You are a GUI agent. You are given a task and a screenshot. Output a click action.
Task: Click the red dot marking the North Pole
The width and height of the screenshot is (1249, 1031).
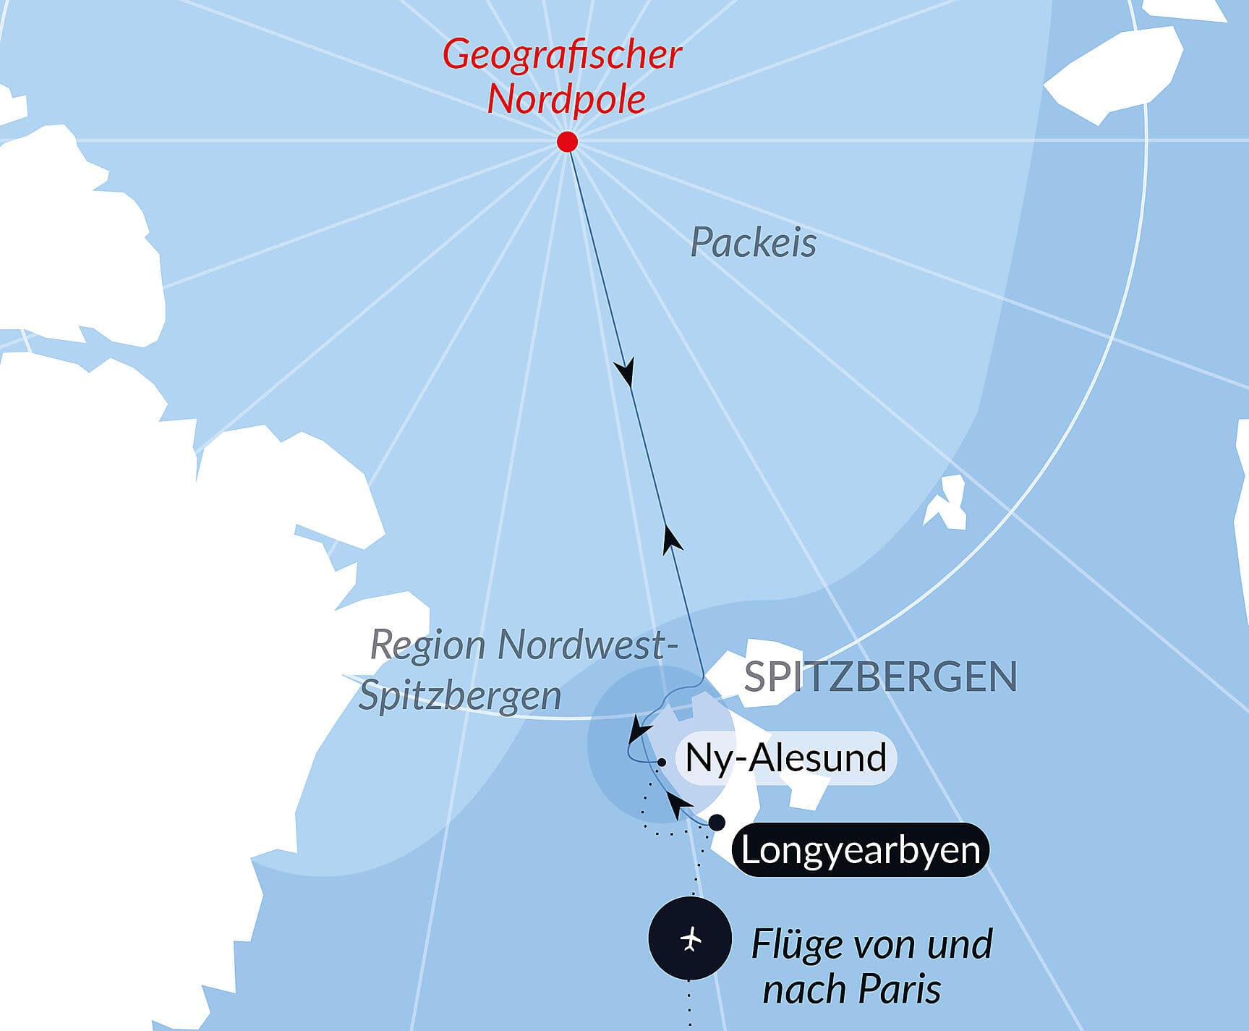(x=568, y=141)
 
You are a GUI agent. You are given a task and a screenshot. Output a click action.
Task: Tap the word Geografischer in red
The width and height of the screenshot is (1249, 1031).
(x=562, y=54)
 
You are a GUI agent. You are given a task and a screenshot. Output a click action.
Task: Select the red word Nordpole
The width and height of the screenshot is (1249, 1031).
(x=566, y=99)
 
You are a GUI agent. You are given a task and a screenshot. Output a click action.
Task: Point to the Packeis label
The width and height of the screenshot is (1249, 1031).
(x=753, y=242)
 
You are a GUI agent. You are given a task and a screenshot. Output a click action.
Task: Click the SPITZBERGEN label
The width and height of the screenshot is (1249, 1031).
(x=880, y=677)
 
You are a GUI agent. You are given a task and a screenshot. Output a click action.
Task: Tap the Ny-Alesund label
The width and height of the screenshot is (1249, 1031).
(x=785, y=758)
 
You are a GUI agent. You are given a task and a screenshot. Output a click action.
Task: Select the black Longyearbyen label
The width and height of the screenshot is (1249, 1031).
(x=860, y=850)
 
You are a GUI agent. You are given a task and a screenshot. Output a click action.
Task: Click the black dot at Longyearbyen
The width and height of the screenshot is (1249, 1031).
(x=717, y=823)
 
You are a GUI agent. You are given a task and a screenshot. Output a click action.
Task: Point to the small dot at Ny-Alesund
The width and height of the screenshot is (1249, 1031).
(x=662, y=763)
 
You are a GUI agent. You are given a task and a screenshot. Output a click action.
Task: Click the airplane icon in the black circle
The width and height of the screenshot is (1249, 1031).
(x=691, y=939)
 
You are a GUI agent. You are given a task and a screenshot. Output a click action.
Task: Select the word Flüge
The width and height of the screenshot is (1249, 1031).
(x=795, y=944)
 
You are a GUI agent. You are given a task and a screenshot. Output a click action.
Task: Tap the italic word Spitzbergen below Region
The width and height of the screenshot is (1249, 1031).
(x=460, y=696)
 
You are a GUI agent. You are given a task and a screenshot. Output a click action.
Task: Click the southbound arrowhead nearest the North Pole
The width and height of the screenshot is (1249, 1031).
(x=625, y=372)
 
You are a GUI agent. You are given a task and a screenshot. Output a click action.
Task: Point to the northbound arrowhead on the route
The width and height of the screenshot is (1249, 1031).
(x=672, y=540)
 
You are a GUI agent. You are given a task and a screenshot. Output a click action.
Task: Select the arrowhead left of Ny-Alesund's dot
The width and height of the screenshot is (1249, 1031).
(x=639, y=729)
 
